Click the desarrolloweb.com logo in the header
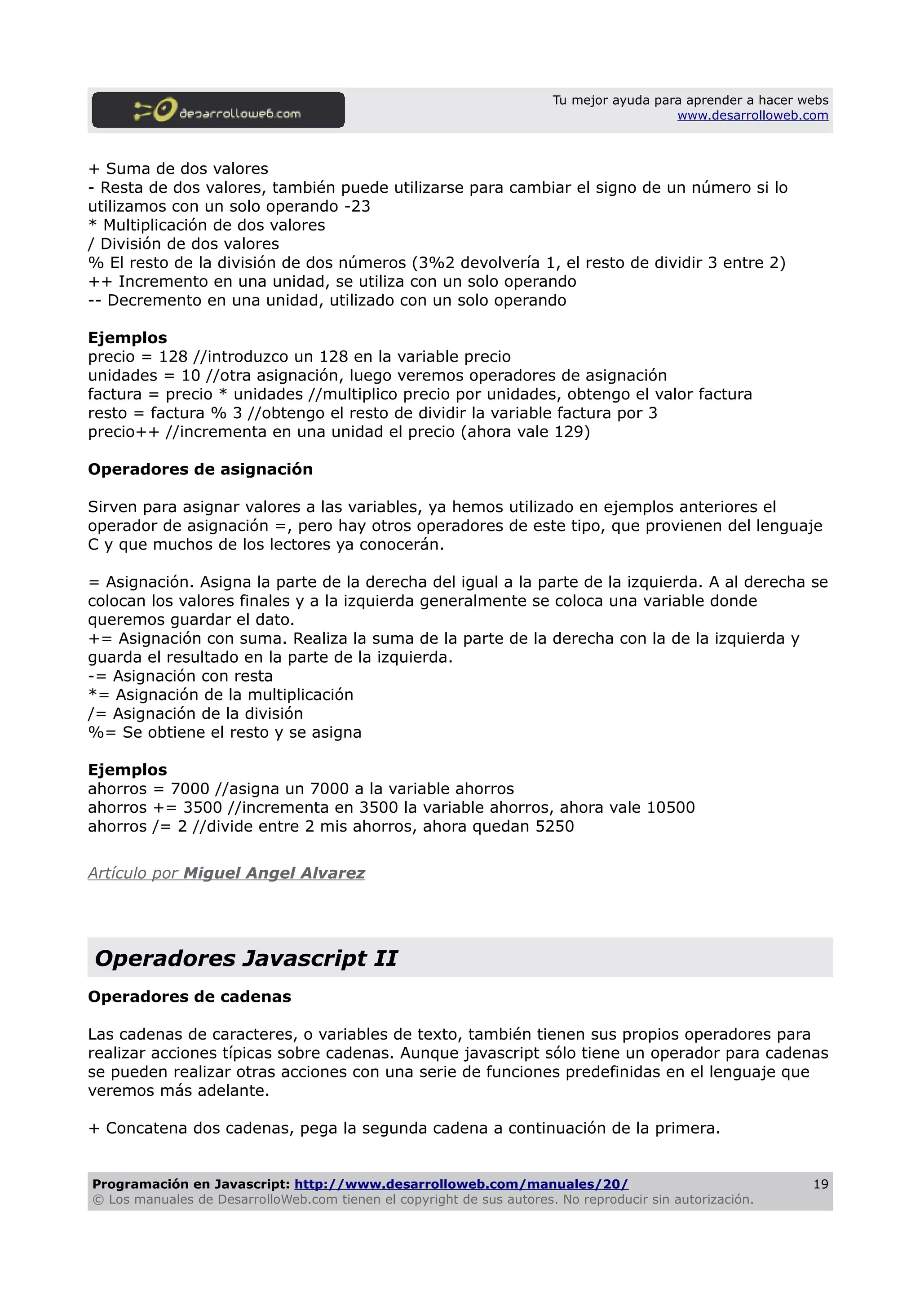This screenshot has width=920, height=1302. click(x=218, y=110)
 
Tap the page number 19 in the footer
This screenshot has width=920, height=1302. click(x=820, y=1184)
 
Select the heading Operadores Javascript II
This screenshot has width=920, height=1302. click(x=246, y=958)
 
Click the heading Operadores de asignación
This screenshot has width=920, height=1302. click(x=200, y=469)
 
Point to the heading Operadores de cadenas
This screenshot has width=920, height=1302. click(x=189, y=996)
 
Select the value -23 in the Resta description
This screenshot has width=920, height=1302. click(x=357, y=206)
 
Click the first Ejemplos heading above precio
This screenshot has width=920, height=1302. click(x=128, y=337)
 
